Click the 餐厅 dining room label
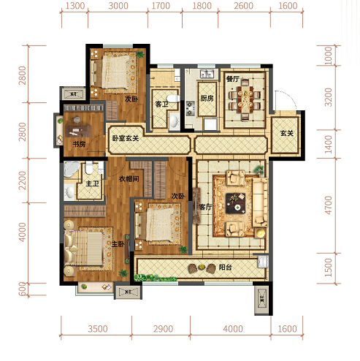pyautogui.click(x=233, y=79)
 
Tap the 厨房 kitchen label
pyautogui.click(x=207, y=99)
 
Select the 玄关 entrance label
pyautogui.click(x=287, y=133)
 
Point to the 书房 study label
pyautogui.click(x=79, y=144)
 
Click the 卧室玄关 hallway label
pyautogui.click(x=126, y=138)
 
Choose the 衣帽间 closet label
pyautogui.click(x=129, y=179)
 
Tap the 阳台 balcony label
pyautogui.click(x=225, y=267)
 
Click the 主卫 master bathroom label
pyautogui.click(x=92, y=183)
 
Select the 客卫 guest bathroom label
pyautogui.click(x=161, y=104)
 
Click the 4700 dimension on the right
pyautogui.click(x=328, y=205)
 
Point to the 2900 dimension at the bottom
pyautogui.click(x=163, y=329)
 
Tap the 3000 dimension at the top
pyautogui.click(x=118, y=6)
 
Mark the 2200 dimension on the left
pyautogui.click(x=22, y=180)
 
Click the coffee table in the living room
pyautogui.click(x=235, y=203)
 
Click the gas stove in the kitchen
pyautogui.click(x=190, y=108)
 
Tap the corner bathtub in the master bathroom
pyautogui.click(x=71, y=169)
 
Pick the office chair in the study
pyautogui.click(x=77, y=120)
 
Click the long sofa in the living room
pyautogui.click(x=260, y=202)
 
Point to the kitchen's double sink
pyautogui.click(x=207, y=74)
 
